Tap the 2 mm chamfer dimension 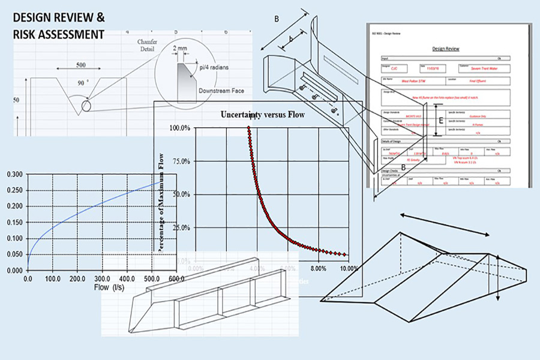(x=179, y=48)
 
